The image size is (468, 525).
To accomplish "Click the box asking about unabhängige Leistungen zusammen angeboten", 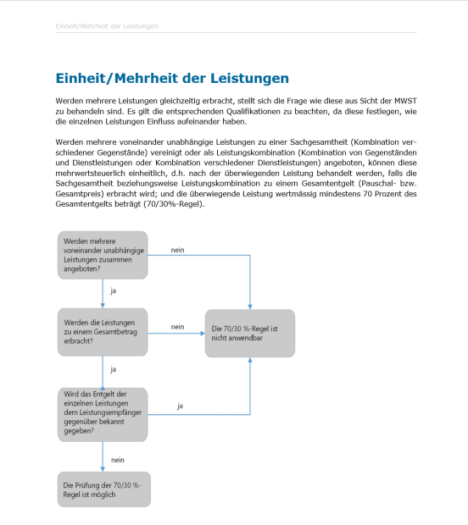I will click(x=103, y=255).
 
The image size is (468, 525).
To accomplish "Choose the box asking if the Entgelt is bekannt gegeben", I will click(x=103, y=414).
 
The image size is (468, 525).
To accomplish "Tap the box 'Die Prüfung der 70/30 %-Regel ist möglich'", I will click(x=103, y=489).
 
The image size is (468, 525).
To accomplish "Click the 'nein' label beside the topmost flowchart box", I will click(x=178, y=250).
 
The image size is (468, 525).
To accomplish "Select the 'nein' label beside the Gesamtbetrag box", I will click(x=177, y=327).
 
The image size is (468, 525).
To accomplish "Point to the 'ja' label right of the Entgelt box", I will click(x=181, y=406).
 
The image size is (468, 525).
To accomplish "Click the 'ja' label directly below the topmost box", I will click(x=114, y=292).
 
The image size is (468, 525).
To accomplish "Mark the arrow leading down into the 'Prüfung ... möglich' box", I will click(x=103, y=461).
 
